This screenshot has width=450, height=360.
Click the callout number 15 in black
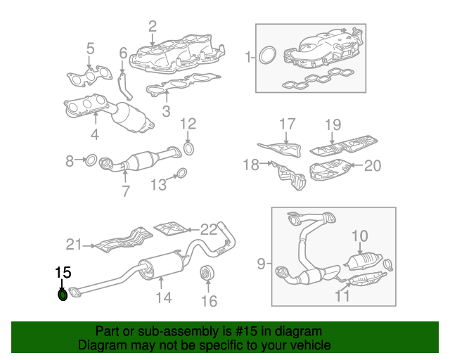[x=63, y=271]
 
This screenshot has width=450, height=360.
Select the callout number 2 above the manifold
[x=153, y=27]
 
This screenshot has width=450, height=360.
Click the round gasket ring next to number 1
[x=267, y=56]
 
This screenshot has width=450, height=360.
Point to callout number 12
[x=187, y=124]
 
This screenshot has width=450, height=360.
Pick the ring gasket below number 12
[x=188, y=148]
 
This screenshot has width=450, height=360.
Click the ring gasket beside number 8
[x=90, y=161]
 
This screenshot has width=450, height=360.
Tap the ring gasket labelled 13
[x=180, y=174]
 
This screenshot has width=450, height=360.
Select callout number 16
[x=210, y=302]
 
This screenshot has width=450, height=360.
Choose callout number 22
[x=209, y=229]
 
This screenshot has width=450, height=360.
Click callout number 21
[x=75, y=245]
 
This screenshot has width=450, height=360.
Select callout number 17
[x=287, y=124]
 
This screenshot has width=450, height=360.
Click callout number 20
[x=372, y=166]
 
